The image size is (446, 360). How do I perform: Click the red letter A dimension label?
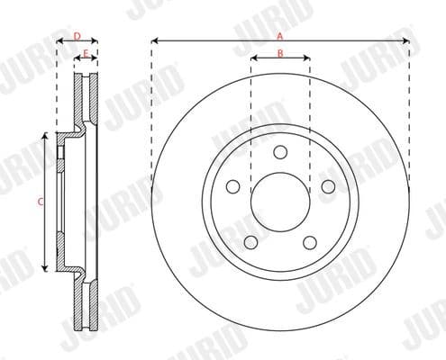click(x=280, y=35)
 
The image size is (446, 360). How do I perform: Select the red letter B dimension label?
click(x=280, y=53)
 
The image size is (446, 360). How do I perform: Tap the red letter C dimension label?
click(x=40, y=202)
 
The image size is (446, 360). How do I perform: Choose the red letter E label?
click(x=86, y=54)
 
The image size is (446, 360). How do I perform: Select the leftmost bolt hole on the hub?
click(x=232, y=186)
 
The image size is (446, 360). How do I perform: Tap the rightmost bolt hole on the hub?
click(x=328, y=186)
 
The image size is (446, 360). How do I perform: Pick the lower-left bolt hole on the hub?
click(x=250, y=242)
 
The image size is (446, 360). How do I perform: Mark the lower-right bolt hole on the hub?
click(x=310, y=242)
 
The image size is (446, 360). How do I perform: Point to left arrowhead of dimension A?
click(x=154, y=41)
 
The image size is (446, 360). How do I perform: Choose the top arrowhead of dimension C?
click(x=45, y=136)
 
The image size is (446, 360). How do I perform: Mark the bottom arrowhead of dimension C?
click(x=45, y=268)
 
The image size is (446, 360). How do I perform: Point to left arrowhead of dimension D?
click(x=59, y=41)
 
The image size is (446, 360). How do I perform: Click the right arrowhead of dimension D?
click(x=96, y=41)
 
